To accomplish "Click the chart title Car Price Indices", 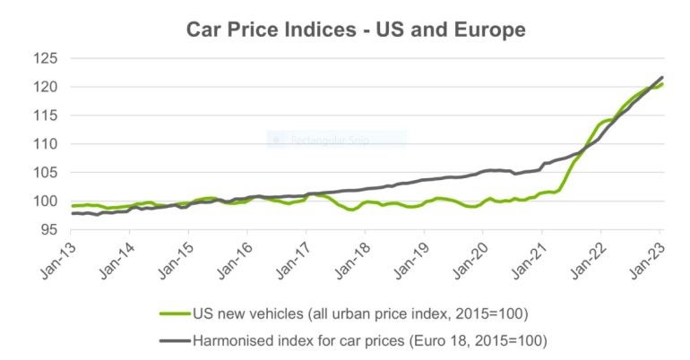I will (355, 29).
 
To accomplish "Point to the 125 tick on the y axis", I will (45, 58).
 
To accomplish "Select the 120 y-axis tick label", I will (45, 87).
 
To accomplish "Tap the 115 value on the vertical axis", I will (45, 116).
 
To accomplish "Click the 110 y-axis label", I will (45, 143).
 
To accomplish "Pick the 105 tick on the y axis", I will (45, 172).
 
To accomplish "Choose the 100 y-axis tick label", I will (45, 201).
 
